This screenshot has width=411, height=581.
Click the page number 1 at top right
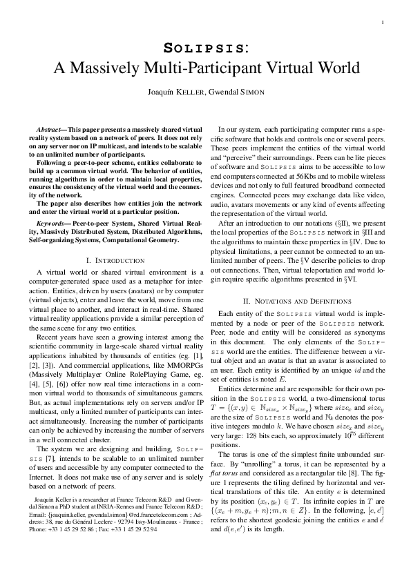tap(382, 23)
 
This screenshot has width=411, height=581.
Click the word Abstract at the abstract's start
tap(49, 130)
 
